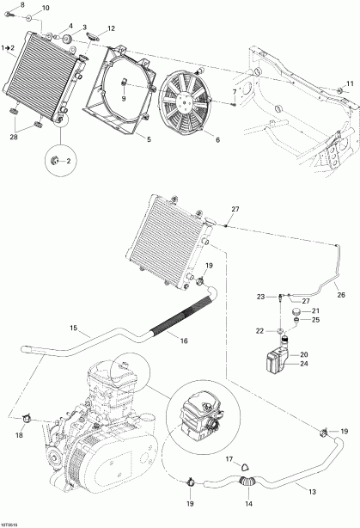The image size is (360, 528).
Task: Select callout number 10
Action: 46,9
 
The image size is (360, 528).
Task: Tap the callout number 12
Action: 111,30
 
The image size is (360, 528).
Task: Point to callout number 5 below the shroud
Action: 149,138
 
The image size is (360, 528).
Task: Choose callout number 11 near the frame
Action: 349,83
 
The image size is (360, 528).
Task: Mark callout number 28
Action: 14,137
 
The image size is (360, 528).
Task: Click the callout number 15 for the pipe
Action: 73,328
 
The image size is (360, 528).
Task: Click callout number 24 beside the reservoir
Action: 302,364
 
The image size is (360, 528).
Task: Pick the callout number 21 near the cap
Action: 314,310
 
